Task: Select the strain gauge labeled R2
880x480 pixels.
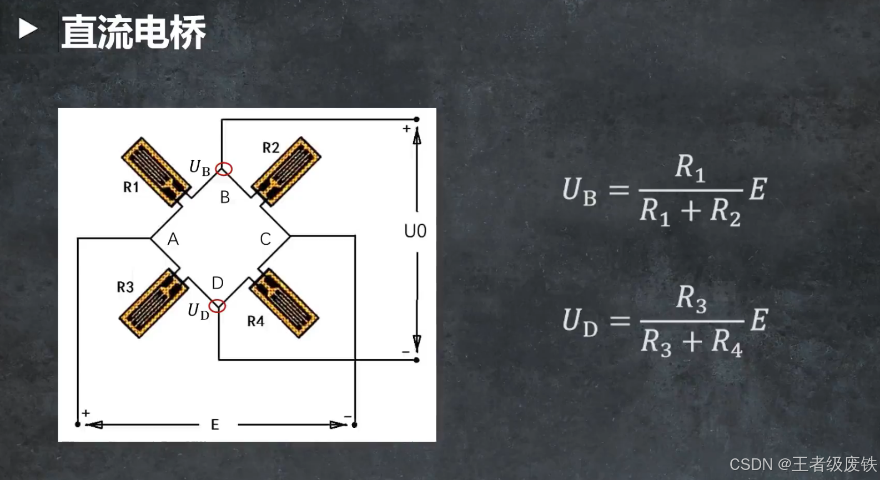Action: [286, 171]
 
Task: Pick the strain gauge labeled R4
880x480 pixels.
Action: [284, 303]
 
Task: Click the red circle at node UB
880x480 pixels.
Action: [224, 169]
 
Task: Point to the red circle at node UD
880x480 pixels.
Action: [217, 306]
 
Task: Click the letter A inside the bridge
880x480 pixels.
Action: [173, 239]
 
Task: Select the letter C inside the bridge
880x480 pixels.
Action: [265, 239]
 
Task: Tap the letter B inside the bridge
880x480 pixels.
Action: [225, 197]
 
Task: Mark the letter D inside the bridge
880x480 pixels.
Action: [218, 283]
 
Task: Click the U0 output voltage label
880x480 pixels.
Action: [415, 231]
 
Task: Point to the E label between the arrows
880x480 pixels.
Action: [215, 425]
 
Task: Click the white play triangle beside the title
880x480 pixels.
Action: [28, 29]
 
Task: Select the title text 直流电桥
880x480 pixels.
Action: [133, 32]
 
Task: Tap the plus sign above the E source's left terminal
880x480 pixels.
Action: [86, 413]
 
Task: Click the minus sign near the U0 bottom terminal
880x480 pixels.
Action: [406, 352]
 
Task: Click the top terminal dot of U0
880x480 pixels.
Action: [416, 119]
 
